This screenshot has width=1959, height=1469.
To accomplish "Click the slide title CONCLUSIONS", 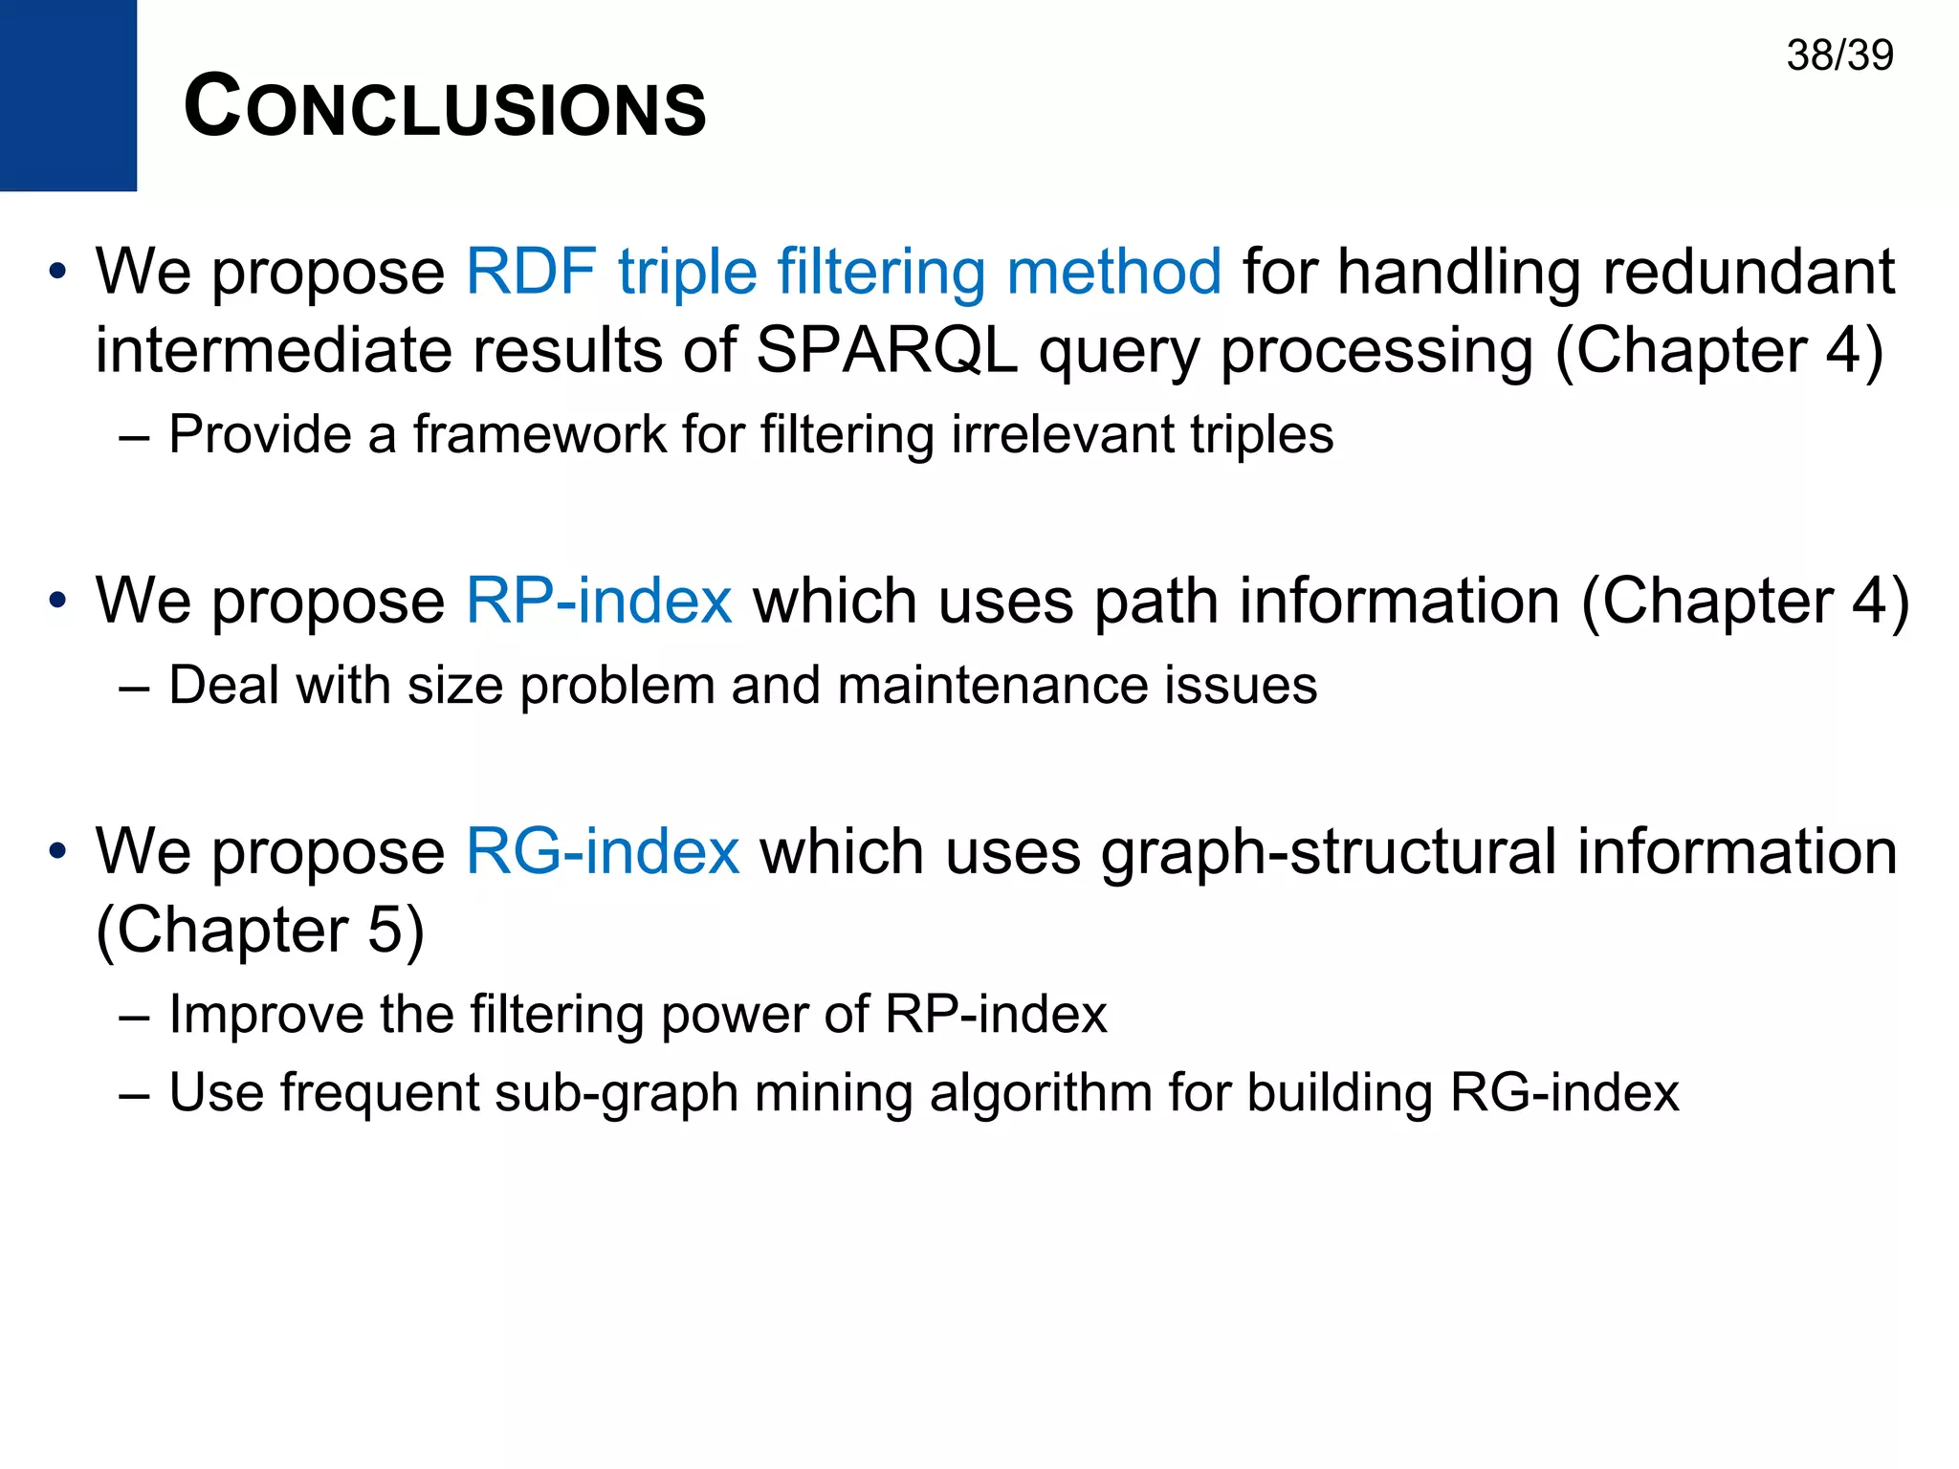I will point(445,107).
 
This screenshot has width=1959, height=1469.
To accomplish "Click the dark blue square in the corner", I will point(68,95).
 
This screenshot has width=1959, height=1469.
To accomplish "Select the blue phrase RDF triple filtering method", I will point(843,272).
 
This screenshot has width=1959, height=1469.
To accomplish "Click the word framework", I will point(539,435).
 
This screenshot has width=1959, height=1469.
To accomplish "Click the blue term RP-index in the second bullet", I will point(599,602).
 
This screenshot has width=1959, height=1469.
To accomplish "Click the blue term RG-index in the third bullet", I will point(602,852).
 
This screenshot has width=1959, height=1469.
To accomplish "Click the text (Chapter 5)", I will point(260,931).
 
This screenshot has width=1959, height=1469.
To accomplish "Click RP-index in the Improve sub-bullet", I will point(995,1015).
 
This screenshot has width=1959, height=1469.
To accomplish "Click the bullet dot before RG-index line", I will point(58,850).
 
